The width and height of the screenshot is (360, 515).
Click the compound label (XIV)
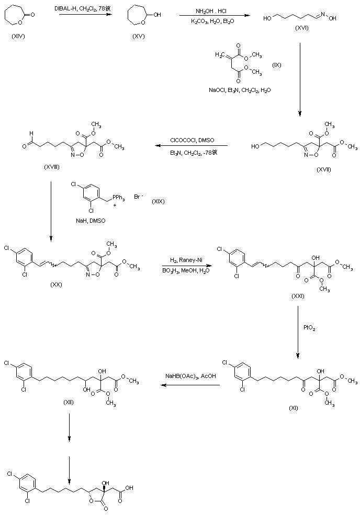click(17, 39)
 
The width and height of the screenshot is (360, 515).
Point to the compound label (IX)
click(277, 64)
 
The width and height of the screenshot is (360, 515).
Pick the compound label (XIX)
click(158, 201)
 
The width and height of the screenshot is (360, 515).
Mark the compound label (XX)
click(57, 286)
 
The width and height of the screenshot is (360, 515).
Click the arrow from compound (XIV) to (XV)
click(86, 15)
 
